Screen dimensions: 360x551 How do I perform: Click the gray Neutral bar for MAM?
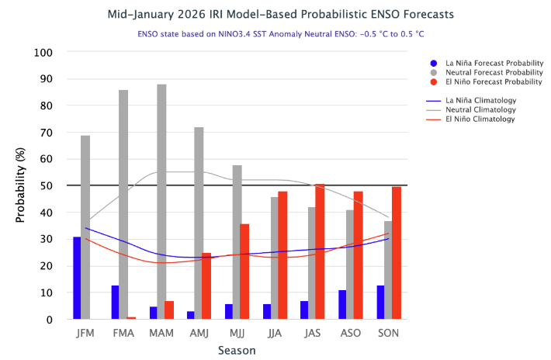161,202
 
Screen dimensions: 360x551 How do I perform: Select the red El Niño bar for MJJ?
244,272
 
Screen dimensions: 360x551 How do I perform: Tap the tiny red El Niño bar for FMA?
131,318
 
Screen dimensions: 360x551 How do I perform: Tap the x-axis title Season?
237,351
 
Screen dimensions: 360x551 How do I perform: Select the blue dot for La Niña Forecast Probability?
434,63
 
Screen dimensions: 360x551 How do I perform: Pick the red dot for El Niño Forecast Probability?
434,81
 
